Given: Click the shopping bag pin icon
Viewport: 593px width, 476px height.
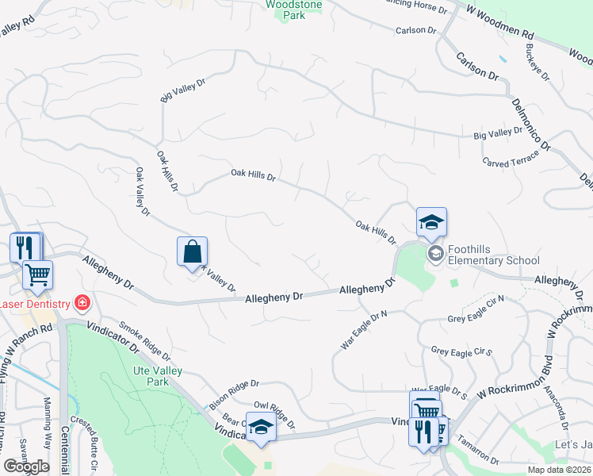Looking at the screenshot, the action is point(192,252).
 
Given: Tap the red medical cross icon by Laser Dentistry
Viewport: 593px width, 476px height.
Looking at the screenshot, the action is point(81,302).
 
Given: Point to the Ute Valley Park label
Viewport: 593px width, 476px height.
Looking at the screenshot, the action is point(153,376).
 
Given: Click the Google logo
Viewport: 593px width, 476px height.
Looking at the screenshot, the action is point(26,466).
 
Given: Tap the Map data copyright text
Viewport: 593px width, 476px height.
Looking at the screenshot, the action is point(559,470).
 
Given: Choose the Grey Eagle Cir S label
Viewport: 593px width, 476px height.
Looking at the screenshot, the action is point(462,351).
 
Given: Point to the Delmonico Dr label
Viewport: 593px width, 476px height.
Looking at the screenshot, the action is point(530,123).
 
